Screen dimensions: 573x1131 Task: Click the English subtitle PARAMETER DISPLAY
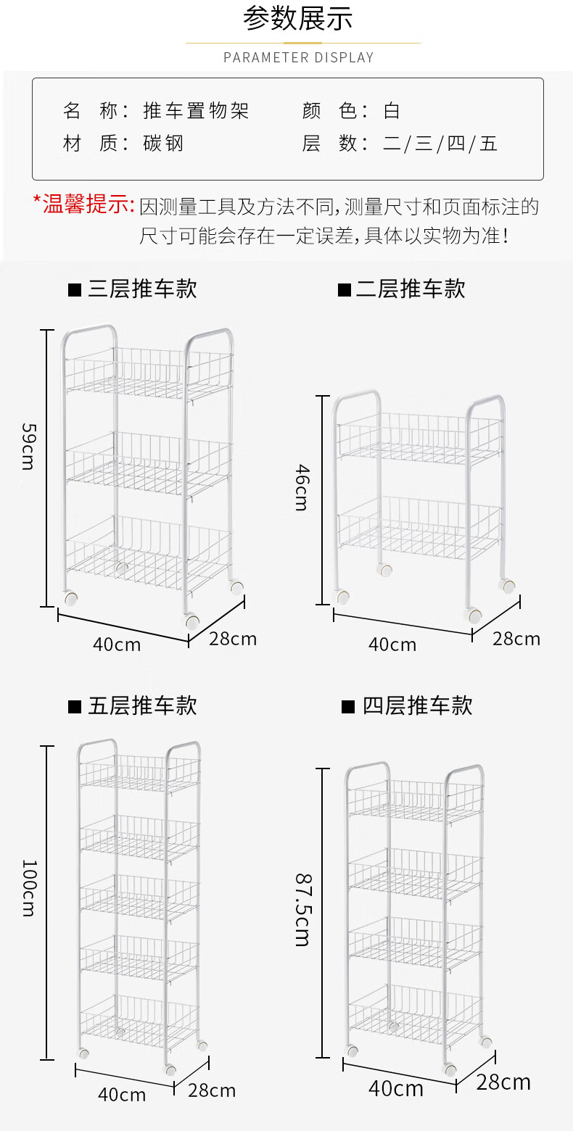(x=298, y=57)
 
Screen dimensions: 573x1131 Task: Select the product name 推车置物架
(x=196, y=111)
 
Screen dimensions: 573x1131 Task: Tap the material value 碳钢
(x=163, y=144)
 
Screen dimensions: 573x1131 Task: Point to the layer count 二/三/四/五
(x=440, y=144)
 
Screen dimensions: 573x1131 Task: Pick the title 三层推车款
(x=141, y=289)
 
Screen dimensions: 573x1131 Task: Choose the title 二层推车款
(x=410, y=289)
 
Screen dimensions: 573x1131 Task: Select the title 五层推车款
(x=141, y=705)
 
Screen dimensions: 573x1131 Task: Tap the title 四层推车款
(x=417, y=705)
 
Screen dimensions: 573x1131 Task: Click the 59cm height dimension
(x=28, y=446)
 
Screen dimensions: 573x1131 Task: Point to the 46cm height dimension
(x=302, y=488)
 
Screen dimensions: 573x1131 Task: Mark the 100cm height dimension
(x=28, y=887)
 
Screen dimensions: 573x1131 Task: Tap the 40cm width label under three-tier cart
(x=117, y=644)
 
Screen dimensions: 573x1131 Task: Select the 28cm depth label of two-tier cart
(x=516, y=639)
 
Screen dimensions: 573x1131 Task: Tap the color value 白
(x=392, y=111)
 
